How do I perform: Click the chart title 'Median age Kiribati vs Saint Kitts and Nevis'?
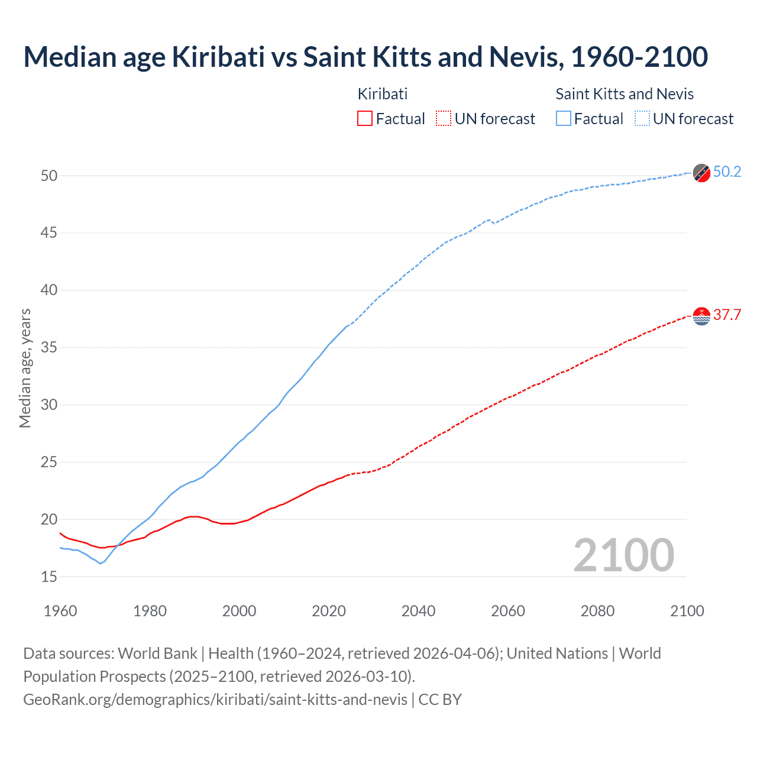365,57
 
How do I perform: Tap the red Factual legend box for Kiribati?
365,119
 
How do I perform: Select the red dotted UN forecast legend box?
444,119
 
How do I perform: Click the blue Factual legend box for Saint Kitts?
564,119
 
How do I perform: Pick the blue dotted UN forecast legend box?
642,119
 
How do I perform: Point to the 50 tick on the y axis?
49,176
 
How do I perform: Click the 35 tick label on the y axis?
49,348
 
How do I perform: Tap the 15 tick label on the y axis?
49,577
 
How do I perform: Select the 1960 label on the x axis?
60,611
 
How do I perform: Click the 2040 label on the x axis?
418,611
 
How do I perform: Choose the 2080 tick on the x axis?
597,611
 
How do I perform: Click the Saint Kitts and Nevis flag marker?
701,173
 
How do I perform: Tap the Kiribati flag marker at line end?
701,316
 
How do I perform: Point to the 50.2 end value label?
727,172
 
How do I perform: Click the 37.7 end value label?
727,315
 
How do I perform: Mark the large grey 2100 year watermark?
623,555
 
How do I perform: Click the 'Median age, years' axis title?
25,368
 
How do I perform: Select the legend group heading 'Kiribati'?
383,94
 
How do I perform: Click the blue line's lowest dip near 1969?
100,563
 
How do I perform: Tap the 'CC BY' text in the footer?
440,700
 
